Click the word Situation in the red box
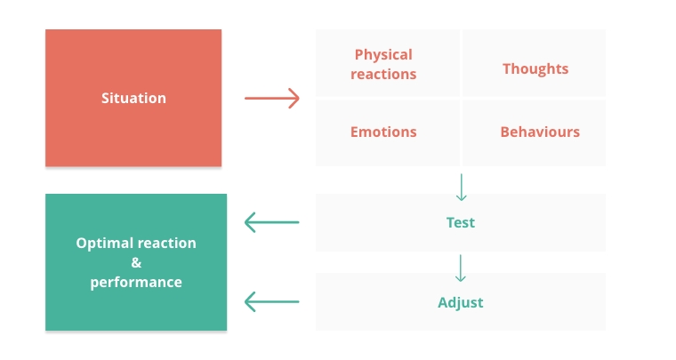point(133,98)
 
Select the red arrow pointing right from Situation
point(272,98)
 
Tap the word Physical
point(383,55)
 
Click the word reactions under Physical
point(383,74)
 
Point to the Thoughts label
point(535,69)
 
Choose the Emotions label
point(383,132)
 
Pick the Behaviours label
point(540,132)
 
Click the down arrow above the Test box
point(462,188)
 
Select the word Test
point(461,222)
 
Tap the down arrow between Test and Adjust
point(461,268)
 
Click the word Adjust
point(461,302)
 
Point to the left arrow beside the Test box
point(271,222)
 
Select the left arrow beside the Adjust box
point(271,301)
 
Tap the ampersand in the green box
point(136,262)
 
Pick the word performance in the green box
point(136,283)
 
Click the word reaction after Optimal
point(167,244)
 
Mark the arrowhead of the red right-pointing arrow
point(295,98)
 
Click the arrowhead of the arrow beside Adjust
point(249,301)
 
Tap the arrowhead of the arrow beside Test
point(249,222)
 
